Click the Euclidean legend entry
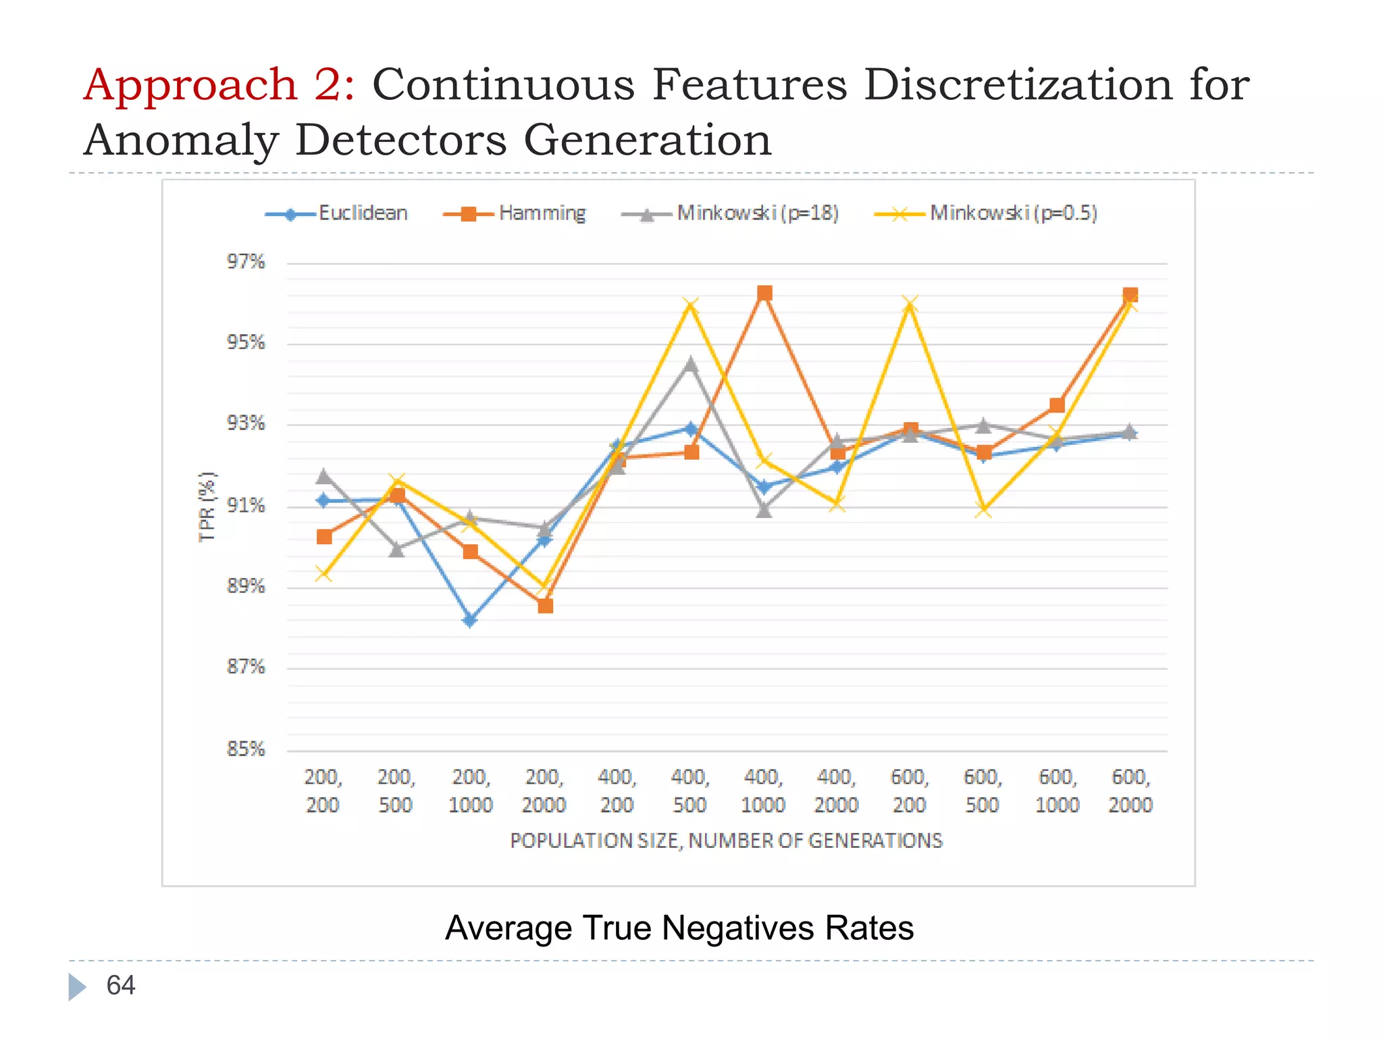click(x=338, y=213)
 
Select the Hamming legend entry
click(x=516, y=213)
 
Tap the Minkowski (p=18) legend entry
click(x=731, y=213)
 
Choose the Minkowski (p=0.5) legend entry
click(x=987, y=213)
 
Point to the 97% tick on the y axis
click(x=245, y=262)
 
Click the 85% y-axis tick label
click(x=245, y=749)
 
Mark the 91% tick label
click(x=245, y=505)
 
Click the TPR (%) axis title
click(x=207, y=506)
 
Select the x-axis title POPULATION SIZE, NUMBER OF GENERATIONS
click(x=726, y=841)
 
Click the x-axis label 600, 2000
click(x=1130, y=791)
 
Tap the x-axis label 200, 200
click(x=323, y=791)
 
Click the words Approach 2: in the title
click(x=219, y=85)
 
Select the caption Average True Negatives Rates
click(x=679, y=928)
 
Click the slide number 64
click(x=121, y=986)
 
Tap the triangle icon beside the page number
click(x=76, y=986)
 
